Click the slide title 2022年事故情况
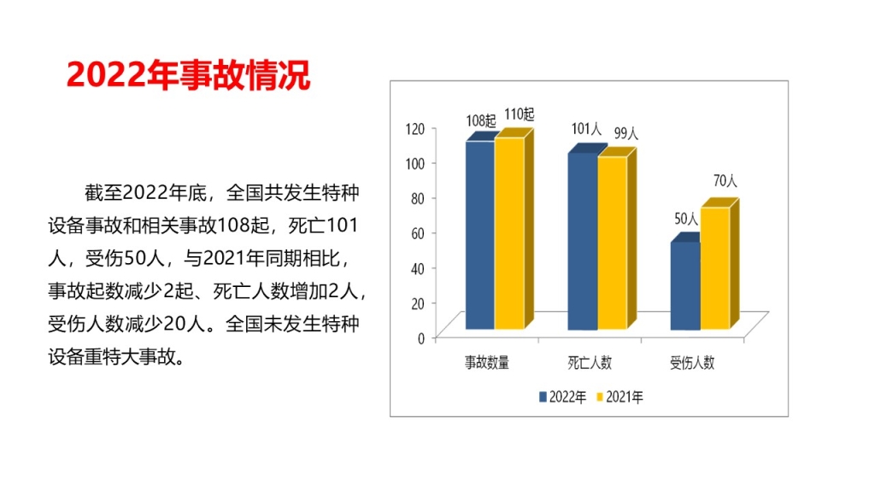coord(188,75)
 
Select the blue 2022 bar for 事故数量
coord(479,235)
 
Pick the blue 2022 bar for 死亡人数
coord(582,241)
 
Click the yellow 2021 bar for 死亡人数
coord(612,243)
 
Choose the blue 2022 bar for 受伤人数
coord(684,286)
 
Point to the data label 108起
coord(480,120)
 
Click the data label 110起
coord(519,114)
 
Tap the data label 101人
coord(586,129)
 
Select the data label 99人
coord(626,133)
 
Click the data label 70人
coord(725,181)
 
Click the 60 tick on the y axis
coord(418,232)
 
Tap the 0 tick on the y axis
coord(421,337)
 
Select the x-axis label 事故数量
coord(487,362)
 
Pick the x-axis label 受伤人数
coord(692,362)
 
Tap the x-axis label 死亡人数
coord(590,362)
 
